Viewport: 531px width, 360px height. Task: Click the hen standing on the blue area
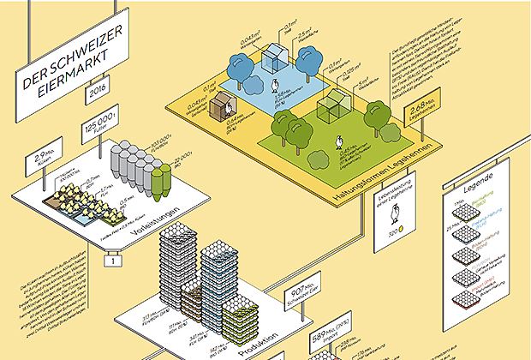[275, 85]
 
